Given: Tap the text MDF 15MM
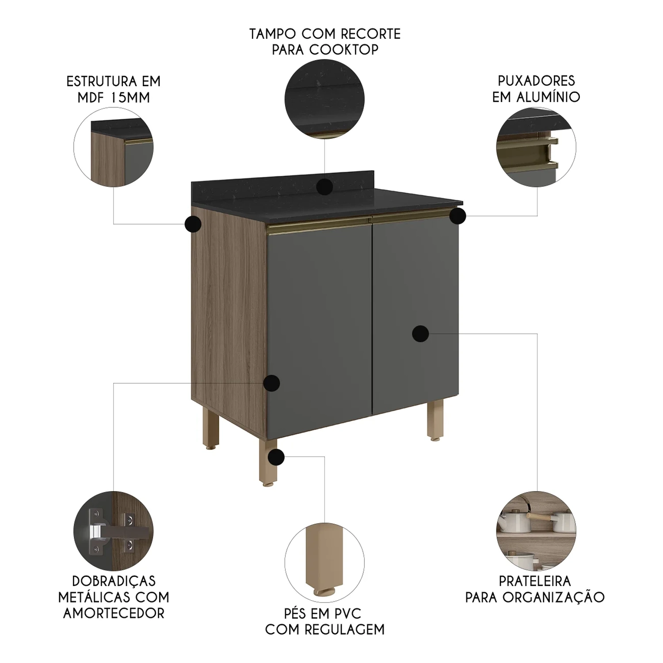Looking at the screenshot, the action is coord(114,97).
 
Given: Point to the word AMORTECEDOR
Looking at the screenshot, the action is coord(114,613).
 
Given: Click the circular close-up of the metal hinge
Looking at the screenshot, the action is coord(114,531).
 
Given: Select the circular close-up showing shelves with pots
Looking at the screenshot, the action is coord(536,531).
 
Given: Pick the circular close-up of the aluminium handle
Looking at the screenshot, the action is coord(536,146).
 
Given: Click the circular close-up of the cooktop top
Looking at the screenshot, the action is coord(324,99).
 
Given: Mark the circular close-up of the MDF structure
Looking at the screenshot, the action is coord(114,146).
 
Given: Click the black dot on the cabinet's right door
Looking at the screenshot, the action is coord(420,334).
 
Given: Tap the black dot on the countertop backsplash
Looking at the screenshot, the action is coord(325,187).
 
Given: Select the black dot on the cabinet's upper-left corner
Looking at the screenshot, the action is coord(193,224).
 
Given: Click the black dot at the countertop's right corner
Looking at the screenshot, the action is coord(458,216).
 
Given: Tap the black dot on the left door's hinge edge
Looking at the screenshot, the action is coord(271,383).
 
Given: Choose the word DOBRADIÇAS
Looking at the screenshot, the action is coord(114,581).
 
